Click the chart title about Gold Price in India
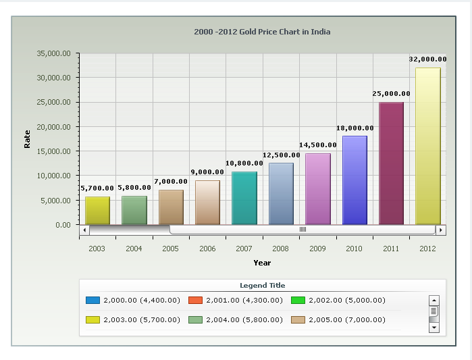point(262,32)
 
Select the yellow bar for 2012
point(427,145)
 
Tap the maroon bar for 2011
point(391,163)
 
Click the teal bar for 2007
point(244,197)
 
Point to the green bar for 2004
point(134,209)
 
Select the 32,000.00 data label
point(427,59)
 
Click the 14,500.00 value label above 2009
point(317,145)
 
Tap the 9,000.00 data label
point(207,172)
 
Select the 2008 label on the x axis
point(281,249)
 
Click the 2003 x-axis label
point(97,249)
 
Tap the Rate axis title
point(28,138)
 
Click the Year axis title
point(262,263)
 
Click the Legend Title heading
point(262,286)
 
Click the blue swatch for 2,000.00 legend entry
point(93,300)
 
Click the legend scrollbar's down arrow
point(434,328)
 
